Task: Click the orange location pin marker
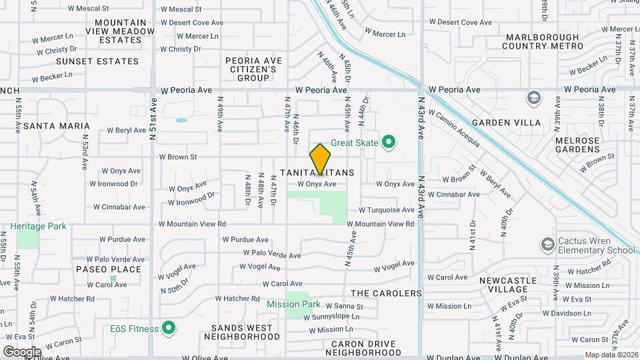click(x=320, y=159)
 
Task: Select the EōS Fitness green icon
click(x=169, y=328)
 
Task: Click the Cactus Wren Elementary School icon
click(x=548, y=243)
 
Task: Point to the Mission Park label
click(x=293, y=304)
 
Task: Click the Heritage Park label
click(x=38, y=227)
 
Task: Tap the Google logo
click(x=22, y=351)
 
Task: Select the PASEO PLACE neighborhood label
click(x=108, y=269)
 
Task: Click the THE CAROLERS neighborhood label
click(x=386, y=293)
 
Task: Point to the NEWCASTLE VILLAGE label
click(x=508, y=285)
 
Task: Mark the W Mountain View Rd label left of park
click(x=192, y=224)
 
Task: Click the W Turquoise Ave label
click(x=387, y=210)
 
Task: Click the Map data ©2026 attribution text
click(x=611, y=355)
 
